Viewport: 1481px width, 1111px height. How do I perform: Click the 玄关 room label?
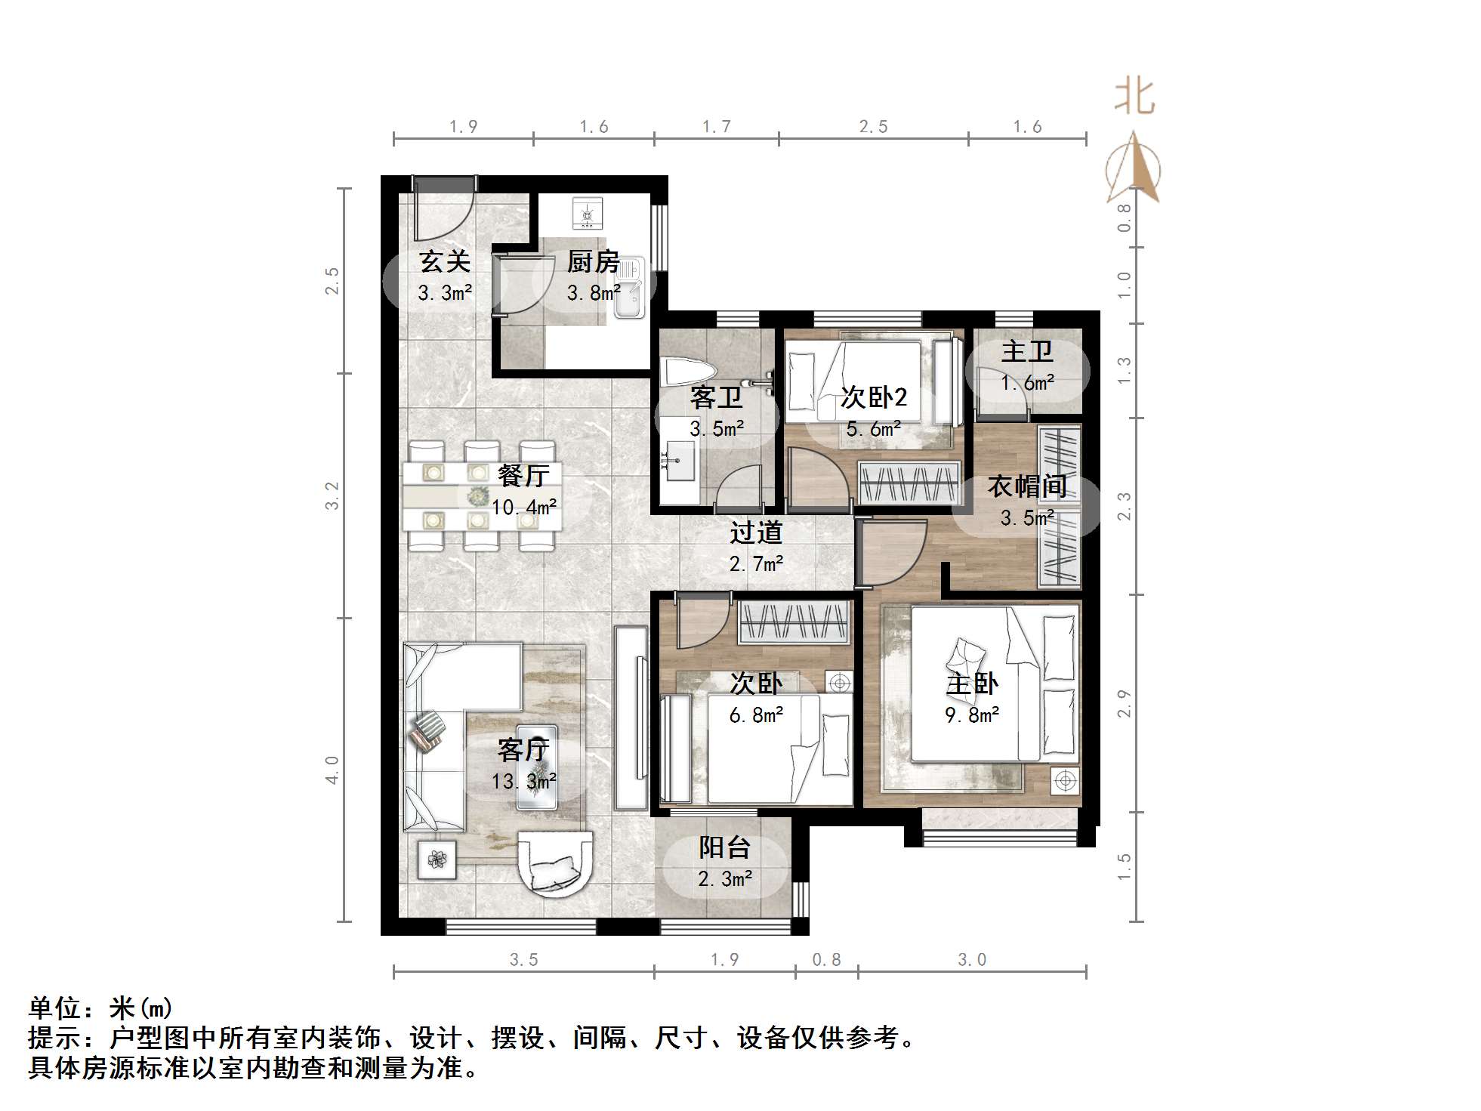coord(445,261)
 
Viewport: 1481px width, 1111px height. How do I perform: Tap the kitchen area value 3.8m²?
coord(594,293)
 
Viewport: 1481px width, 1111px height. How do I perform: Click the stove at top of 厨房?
coord(587,213)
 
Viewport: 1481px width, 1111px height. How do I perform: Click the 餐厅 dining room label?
coord(523,476)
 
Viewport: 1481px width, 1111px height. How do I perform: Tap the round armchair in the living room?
coord(557,862)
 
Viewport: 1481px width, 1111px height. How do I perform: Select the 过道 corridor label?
coord(755,532)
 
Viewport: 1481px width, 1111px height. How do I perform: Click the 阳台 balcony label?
coord(724,847)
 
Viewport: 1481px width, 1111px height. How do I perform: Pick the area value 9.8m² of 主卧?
coord(972,714)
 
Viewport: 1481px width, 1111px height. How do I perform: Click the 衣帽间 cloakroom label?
coord(1026,486)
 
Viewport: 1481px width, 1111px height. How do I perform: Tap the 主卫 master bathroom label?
coord(1027,351)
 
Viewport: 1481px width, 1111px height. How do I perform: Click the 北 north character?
coord(1134,97)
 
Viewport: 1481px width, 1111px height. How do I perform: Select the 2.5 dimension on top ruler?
coord(873,127)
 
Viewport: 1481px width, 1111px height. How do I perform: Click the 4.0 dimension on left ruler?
coord(332,770)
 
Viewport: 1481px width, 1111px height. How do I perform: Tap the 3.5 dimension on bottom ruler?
coord(523,960)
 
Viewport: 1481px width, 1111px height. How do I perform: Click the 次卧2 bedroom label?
coord(874,397)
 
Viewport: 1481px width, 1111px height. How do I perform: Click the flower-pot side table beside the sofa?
coord(437,859)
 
